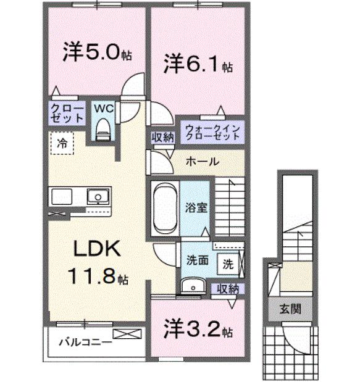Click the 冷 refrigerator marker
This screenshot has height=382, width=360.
[62, 143]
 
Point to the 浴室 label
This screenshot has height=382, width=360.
[196, 207]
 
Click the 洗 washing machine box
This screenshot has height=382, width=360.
[228, 264]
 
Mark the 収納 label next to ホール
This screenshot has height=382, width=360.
[164, 137]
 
